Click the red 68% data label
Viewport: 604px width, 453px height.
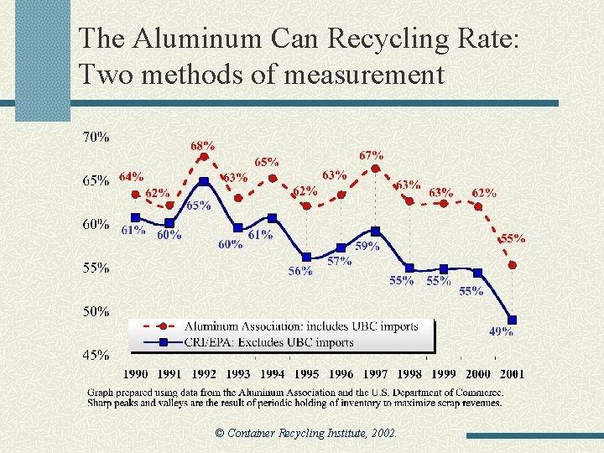201,146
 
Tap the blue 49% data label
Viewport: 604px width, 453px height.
501,332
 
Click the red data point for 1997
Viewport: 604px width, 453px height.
375,168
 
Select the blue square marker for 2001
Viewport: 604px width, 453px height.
512,320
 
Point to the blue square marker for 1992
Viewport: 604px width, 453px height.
204,182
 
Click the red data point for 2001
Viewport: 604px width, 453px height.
512,265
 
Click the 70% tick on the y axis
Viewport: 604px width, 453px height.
95,136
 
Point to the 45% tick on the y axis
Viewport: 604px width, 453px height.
95,355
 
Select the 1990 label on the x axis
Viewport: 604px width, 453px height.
137,374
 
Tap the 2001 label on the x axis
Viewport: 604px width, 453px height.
511,374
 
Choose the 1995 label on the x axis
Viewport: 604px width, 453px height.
306,374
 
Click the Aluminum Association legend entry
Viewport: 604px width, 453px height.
300,326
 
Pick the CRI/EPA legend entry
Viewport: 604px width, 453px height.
268,341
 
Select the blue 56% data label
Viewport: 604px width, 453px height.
300,271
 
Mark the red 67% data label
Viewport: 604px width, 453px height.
372,155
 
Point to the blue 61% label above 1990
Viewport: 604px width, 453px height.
133,230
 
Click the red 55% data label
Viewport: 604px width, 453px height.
513,238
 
